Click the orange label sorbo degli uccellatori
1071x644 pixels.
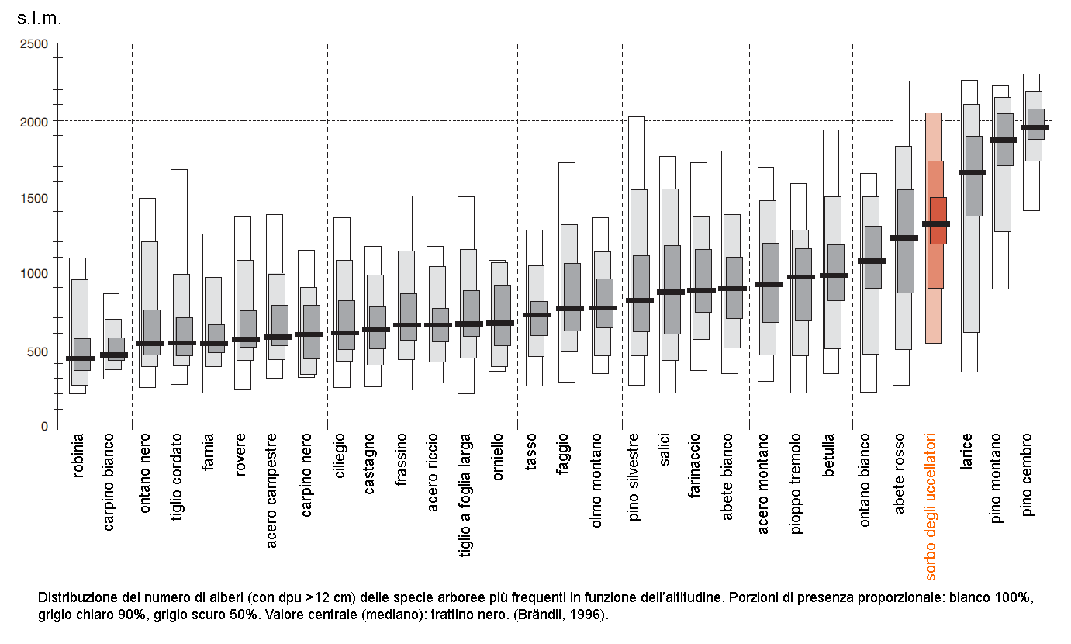coord(932,507)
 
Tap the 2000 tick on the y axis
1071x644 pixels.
coord(35,120)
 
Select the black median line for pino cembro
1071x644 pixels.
coord(1034,127)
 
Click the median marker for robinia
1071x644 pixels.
coord(80,358)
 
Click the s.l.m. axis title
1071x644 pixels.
coord(39,19)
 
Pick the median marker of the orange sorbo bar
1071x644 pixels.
coord(935,223)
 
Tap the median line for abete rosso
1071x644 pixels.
coord(903,237)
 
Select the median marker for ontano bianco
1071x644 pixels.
coord(871,261)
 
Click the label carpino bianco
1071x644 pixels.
coord(109,482)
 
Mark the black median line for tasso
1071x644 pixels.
coord(537,314)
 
